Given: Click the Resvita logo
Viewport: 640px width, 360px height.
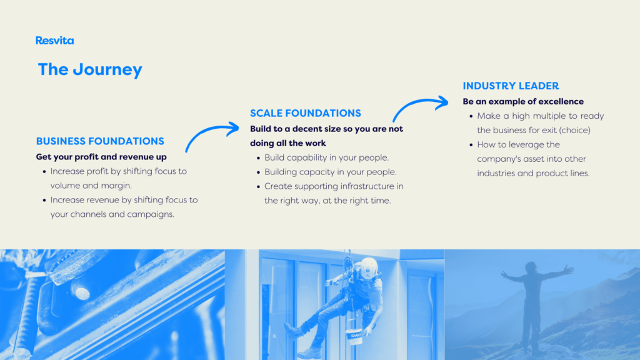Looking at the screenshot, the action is (x=55, y=41).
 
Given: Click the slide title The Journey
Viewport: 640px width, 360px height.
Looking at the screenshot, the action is (x=90, y=69).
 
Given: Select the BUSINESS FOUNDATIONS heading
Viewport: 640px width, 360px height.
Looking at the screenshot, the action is (x=100, y=141).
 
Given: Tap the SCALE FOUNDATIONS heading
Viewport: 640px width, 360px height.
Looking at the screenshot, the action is (x=306, y=113).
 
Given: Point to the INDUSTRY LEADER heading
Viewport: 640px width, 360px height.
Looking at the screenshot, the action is (x=511, y=86).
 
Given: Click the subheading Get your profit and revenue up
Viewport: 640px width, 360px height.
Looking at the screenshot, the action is (x=101, y=157).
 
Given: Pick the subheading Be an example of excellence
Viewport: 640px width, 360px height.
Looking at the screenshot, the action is (x=523, y=101).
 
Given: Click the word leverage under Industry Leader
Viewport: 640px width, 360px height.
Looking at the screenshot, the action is (x=529, y=145).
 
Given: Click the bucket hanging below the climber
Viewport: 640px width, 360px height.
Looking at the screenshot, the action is (x=354, y=335).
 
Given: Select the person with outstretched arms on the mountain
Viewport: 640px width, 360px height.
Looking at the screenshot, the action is (x=536, y=306).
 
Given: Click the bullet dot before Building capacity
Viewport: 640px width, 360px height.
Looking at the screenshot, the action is (x=258, y=172).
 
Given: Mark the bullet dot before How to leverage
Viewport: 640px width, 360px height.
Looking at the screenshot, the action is (x=471, y=145).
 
